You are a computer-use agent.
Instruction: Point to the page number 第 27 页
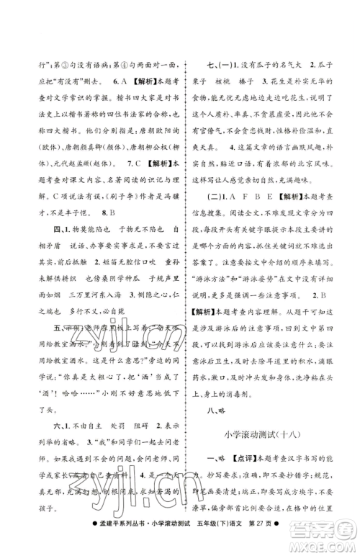coord(297,540)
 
